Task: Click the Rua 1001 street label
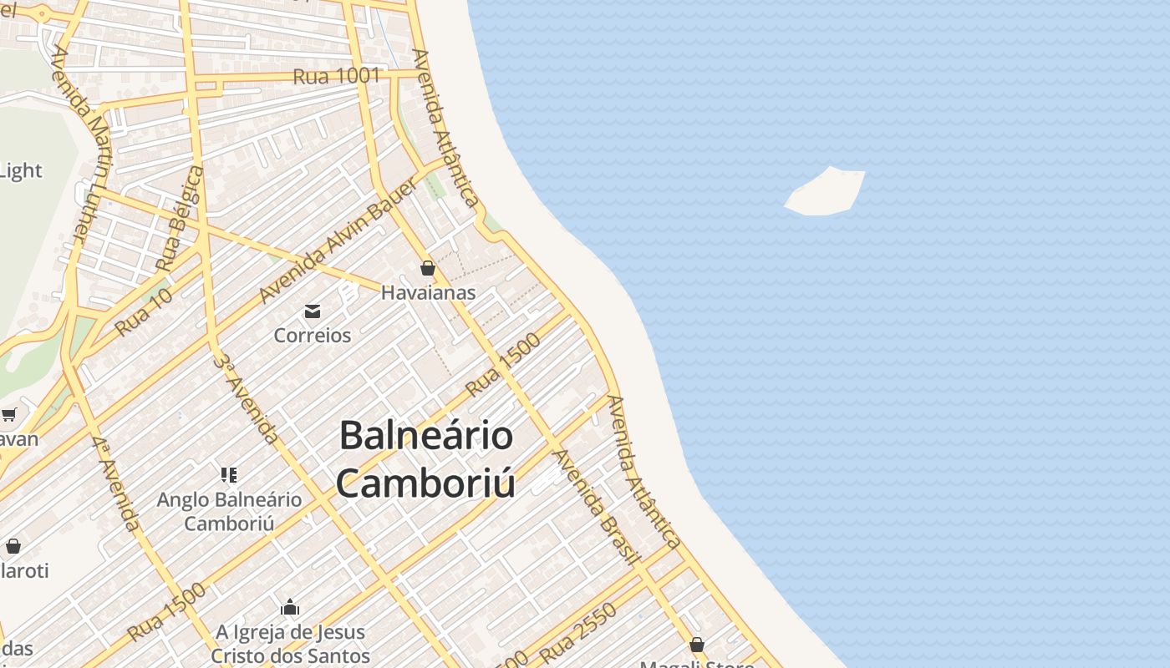[x=336, y=76]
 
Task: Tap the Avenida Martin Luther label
[x=81, y=144]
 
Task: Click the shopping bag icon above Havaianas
[x=428, y=268]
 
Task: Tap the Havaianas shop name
[x=428, y=292]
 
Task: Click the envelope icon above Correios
[x=313, y=311]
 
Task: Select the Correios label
[x=313, y=335]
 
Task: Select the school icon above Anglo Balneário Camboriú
[x=229, y=475]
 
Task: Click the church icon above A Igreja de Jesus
[x=290, y=607]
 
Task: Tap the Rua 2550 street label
[x=578, y=632]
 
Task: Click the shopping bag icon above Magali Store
[x=696, y=645]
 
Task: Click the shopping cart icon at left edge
[x=8, y=414]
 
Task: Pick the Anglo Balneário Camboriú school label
[x=229, y=511]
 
